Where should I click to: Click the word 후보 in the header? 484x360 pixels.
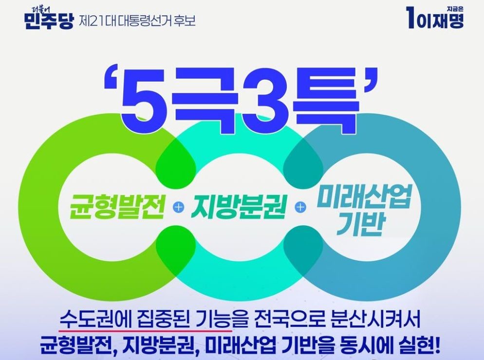coord(184,21)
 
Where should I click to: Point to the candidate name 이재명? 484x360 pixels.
coord(441,21)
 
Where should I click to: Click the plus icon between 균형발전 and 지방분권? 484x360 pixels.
coord(179,207)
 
